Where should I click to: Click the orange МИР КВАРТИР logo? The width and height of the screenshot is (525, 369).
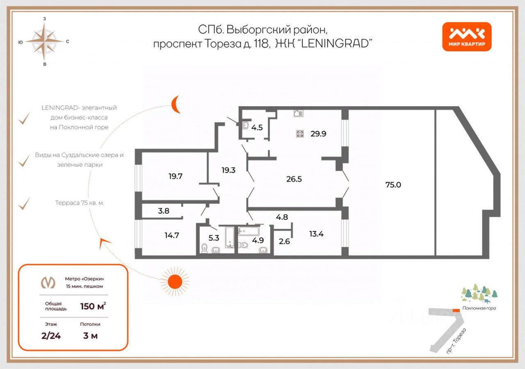(x=466, y=36)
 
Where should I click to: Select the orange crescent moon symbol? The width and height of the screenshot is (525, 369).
(x=176, y=104)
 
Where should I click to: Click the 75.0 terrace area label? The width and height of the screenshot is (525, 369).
(x=393, y=184)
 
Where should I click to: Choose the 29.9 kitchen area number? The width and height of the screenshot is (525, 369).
(x=318, y=133)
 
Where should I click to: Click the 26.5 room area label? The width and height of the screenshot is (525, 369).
(x=294, y=179)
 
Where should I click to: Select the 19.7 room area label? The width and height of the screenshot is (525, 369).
(x=175, y=176)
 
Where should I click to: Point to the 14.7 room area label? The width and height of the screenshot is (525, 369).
(x=172, y=235)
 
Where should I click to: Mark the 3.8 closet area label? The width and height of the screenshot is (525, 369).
(x=164, y=212)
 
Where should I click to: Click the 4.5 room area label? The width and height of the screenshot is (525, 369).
(x=257, y=127)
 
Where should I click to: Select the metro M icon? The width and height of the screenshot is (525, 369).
(x=48, y=282)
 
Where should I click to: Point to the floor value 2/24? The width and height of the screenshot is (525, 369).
(x=51, y=336)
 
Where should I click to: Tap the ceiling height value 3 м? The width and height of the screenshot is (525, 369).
(x=90, y=336)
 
